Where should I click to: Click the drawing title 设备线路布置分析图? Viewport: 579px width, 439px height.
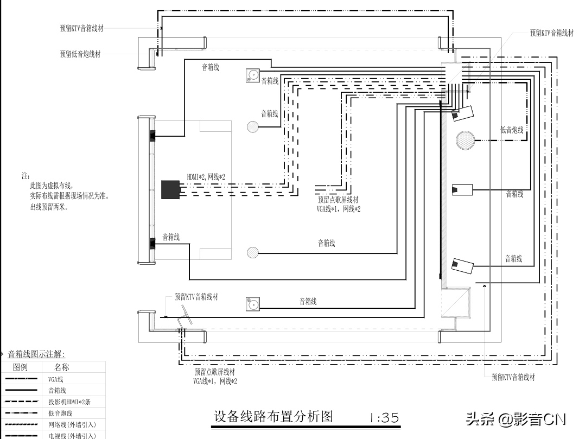[272, 417]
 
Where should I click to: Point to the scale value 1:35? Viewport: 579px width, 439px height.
[384, 418]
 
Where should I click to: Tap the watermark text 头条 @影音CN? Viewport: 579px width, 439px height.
[516, 419]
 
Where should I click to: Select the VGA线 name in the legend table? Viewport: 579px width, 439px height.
[56, 379]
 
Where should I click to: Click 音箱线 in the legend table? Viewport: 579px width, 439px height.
[58, 390]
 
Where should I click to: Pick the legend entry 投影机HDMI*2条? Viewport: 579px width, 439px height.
[69, 402]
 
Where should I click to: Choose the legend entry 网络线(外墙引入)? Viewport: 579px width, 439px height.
[72, 424]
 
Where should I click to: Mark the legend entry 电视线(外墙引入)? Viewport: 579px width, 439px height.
[72, 435]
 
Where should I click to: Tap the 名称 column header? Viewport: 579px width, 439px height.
[62, 367]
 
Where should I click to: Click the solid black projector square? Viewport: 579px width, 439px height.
[170, 189]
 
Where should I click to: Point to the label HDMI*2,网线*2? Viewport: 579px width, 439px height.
[206, 177]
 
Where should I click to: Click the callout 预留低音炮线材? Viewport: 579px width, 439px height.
[80, 54]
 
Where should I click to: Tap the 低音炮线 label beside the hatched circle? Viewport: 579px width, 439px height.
[512, 130]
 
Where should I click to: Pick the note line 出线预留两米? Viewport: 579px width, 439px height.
[49, 207]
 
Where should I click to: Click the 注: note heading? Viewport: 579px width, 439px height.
[25, 176]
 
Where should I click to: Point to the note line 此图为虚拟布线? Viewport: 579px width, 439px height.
[51, 186]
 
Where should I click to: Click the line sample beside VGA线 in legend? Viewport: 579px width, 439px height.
[22, 379]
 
